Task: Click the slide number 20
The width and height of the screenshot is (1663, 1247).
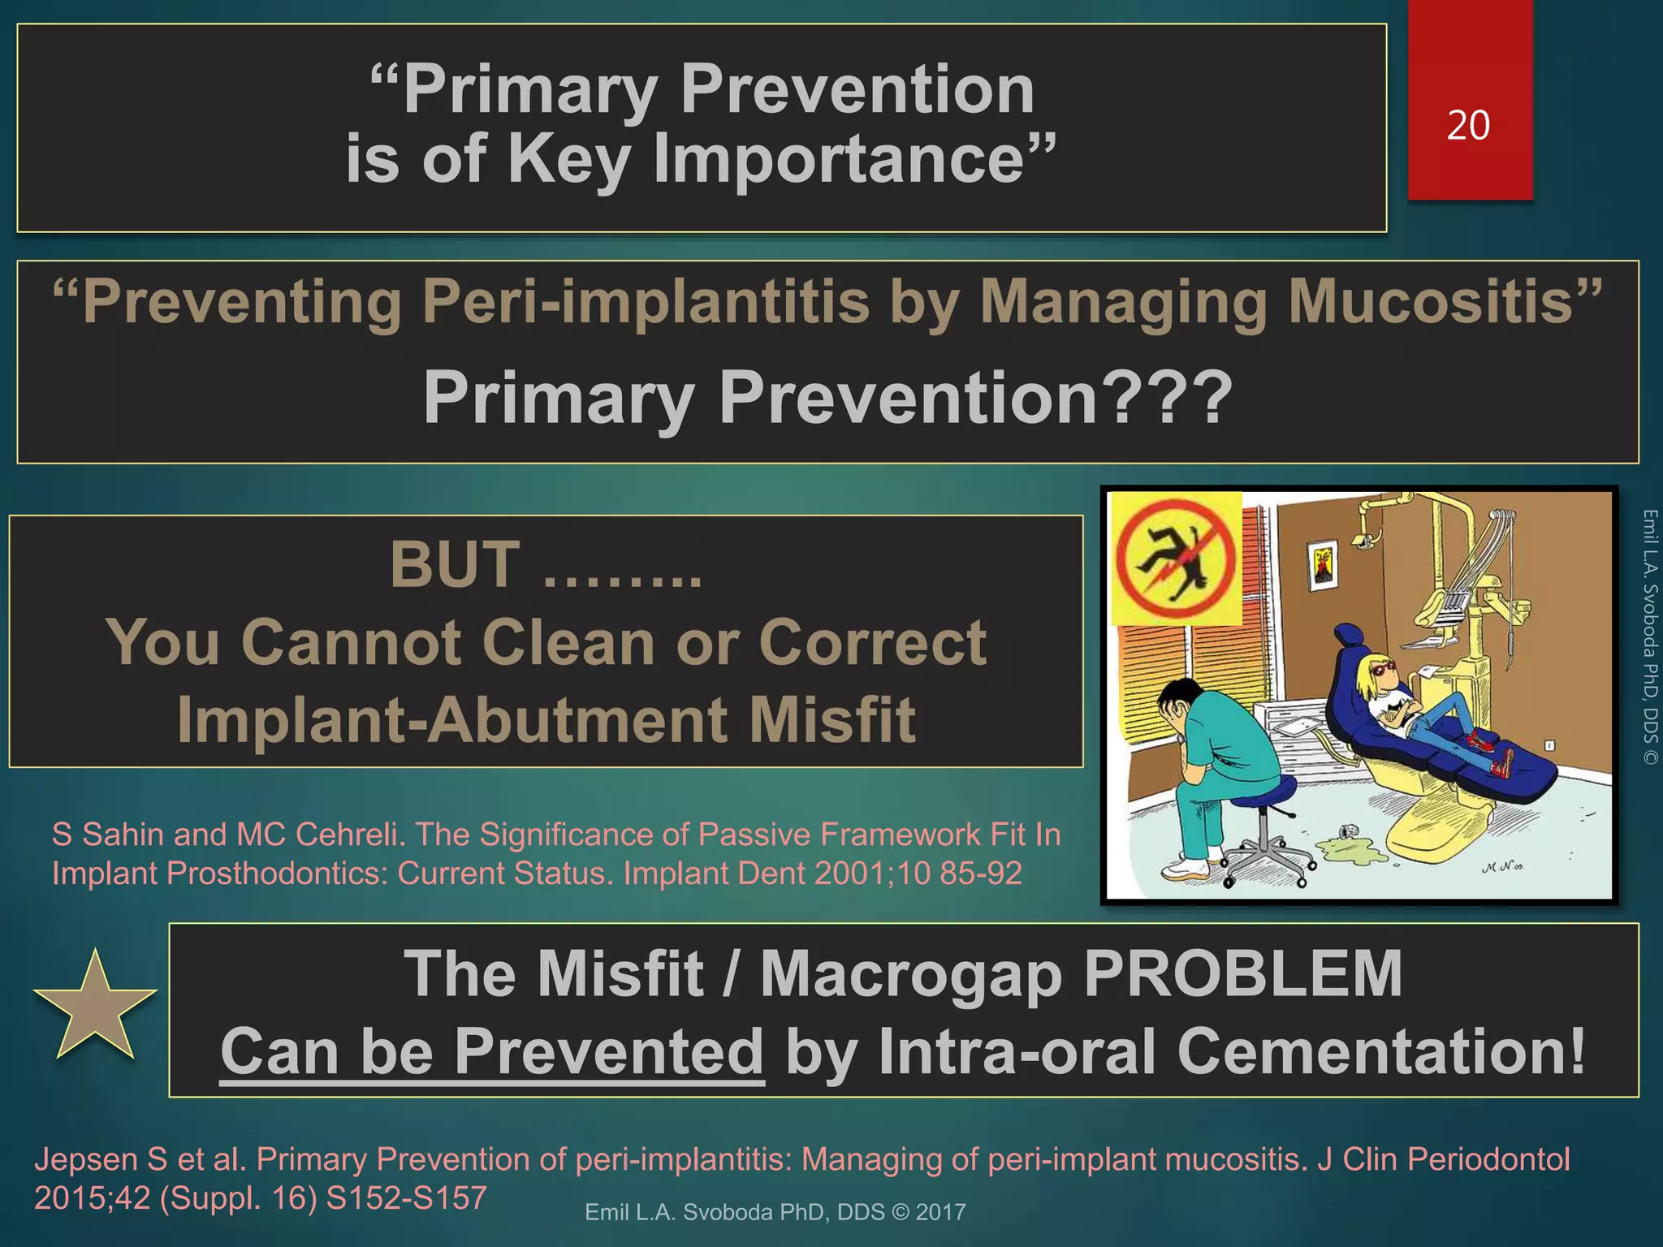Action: click(x=1468, y=126)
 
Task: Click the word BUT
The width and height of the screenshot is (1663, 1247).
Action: click(x=455, y=565)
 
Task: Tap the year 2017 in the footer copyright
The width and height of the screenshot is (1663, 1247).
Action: click(x=940, y=1212)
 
